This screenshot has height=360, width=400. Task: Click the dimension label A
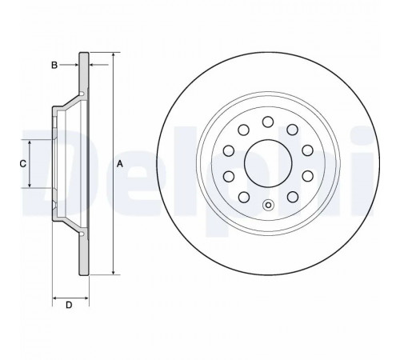click(x=120, y=164)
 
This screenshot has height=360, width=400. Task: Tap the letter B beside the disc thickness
click(x=54, y=65)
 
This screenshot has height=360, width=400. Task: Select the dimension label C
click(x=23, y=163)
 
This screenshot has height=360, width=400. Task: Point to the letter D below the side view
click(x=69, y=305)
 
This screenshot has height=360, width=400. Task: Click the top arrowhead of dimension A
click(x=114, y=54)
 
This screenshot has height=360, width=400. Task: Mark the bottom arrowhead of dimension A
click(x=114, y=272)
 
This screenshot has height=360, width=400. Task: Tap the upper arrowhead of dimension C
click(x=30, y=142)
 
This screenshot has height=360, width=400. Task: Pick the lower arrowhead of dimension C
click(x=30, y=185)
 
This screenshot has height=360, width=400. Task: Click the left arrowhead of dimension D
click(x=55, y=298)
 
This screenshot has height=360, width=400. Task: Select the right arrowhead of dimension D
click(x=86, y=298)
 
